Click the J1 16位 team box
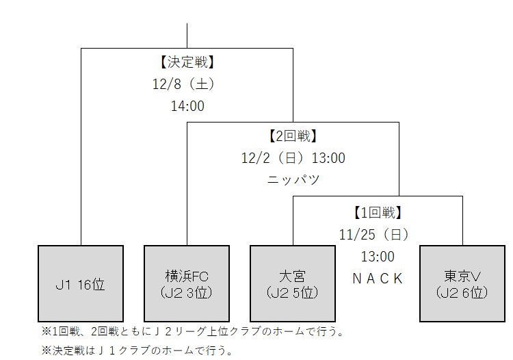tap(81, 283)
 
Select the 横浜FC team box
tap(187, 283)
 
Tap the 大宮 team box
tap(293, 283)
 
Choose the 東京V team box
tap(462, 283)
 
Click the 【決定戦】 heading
tap(187, 62)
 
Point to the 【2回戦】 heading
tap(293, 136)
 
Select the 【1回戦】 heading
tap(378, 212)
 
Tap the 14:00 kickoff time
tap(187, 106)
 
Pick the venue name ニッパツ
tap(293, 180)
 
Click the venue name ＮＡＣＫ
tap(378, 279)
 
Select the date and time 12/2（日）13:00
tap(293, 158)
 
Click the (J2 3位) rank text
tap(187, 292)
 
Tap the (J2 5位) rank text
tap(293, 292)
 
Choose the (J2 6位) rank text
tap(462, 292)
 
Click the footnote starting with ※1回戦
tap(192, 331)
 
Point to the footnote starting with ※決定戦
tap(137, 350)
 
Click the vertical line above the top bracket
tap(187, 36)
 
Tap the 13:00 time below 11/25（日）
tap(378, 257)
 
